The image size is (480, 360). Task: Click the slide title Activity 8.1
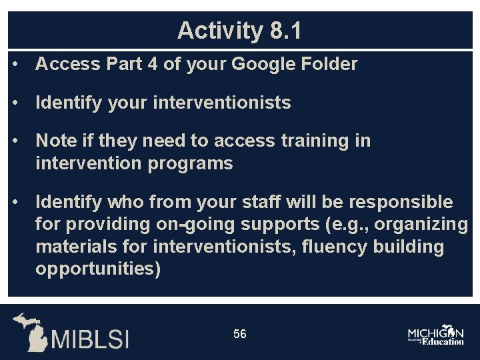[239, 31]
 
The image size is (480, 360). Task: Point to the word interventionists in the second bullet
[222, 103]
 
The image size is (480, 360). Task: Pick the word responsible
[402, 202]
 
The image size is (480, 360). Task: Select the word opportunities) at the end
[98, 269]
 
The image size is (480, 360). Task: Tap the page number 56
[240, 333]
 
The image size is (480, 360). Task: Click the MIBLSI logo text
[90, 339]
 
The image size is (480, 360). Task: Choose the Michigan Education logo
[436, 335]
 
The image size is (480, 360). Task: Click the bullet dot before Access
[15, 65]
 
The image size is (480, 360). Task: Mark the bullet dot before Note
[15, 141]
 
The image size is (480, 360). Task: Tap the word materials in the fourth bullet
[74, 247]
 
